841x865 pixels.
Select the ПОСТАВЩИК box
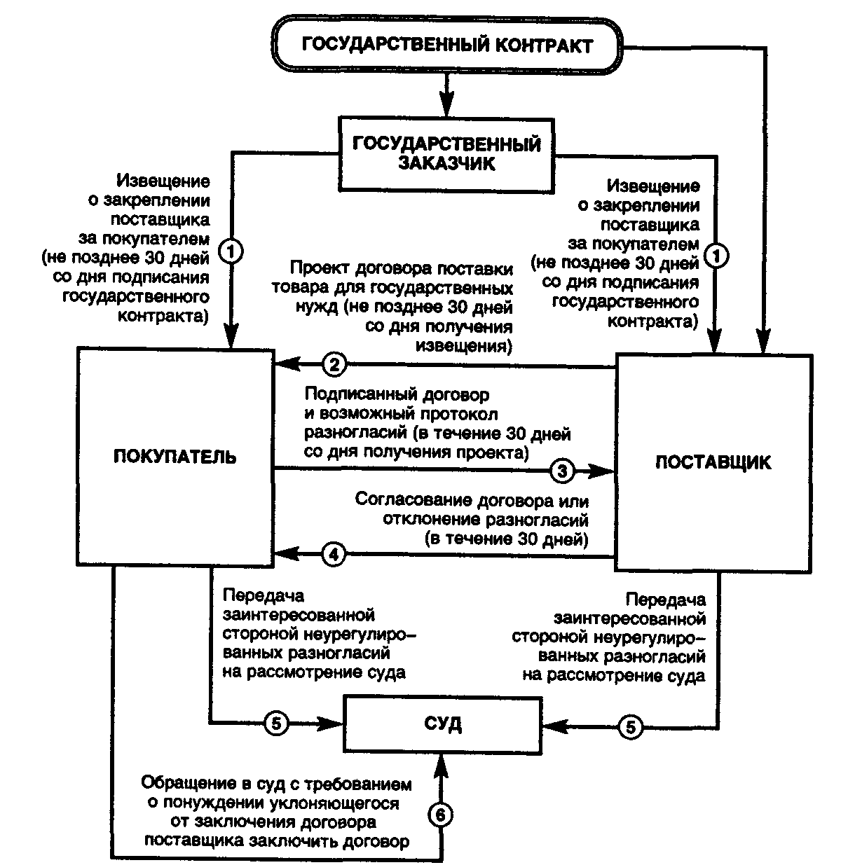point(713,462)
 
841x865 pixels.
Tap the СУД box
point(444,723)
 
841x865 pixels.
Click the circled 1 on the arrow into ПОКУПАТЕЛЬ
point(231,249)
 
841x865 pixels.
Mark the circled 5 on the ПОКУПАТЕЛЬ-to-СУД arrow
point(275,723)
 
